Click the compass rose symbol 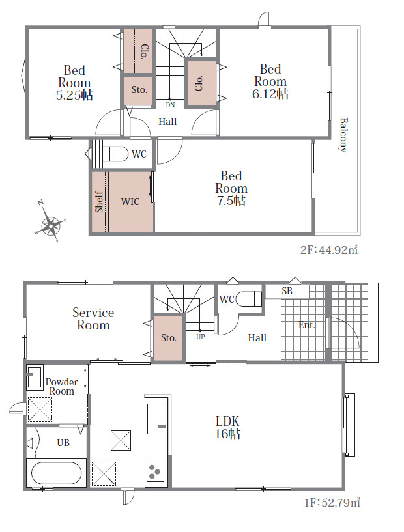click(x=50, y=222)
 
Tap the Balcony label click(x=344, y=135)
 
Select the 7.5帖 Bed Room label click(x=231, y=188)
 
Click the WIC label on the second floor click(x=130, y=202)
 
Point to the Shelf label click(x=99, y=202)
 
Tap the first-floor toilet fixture click(x=248, y=299)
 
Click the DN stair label click(x=170, y=105)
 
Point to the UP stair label click(x=200, y=337)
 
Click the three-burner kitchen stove click(x=155, y=471)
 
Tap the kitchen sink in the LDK click(x=156, y=419)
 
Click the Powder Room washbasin click(x=35, y=377)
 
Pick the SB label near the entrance click(x=287, y=291)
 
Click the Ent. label click(x=306, y=325)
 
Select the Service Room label click(x=93, y=318)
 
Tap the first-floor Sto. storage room click(x=169, y=338)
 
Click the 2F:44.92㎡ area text click(x=329, y=250)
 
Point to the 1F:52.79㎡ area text click(x=332, y=502)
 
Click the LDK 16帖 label click(x=227, y=427)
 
